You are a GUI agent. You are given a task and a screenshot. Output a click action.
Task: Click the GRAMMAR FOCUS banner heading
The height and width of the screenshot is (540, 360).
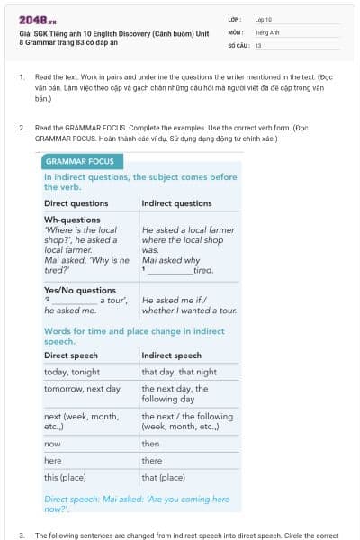click(80, 161)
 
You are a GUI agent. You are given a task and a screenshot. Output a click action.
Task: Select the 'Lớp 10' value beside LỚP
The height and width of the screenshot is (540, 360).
click(263, 19)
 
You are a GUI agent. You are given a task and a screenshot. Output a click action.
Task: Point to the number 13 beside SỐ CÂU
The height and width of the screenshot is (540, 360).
click(258, 44)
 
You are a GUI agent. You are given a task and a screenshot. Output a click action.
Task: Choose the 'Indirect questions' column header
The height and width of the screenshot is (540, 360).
click(176, 203)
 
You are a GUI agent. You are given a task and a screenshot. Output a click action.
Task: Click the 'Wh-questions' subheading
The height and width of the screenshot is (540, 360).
click(72, 220)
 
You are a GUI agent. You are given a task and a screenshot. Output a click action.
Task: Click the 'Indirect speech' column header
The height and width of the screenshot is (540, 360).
click(171, 355)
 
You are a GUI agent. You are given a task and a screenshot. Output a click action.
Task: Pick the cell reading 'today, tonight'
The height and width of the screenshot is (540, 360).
click(72, 372)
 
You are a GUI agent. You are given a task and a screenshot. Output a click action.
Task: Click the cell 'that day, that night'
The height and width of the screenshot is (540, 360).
click(179, 372)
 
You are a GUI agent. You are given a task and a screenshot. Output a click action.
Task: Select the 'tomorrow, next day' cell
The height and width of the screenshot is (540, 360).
click(82, 389)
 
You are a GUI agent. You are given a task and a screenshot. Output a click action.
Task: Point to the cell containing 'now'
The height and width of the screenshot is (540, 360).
click(52, 444)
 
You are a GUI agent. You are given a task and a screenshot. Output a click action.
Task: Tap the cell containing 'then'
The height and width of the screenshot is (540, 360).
click(150, 444)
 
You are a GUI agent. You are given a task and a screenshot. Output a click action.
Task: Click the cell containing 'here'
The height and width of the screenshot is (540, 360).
click(53, 460)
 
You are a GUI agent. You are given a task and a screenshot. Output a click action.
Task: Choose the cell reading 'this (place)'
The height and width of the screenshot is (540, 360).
click(65, 477)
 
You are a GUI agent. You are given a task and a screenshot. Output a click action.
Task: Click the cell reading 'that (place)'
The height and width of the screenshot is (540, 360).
click(163, 477)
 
